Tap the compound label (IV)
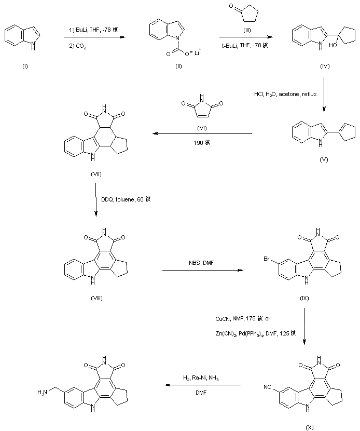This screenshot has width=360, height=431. coord(325,67)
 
